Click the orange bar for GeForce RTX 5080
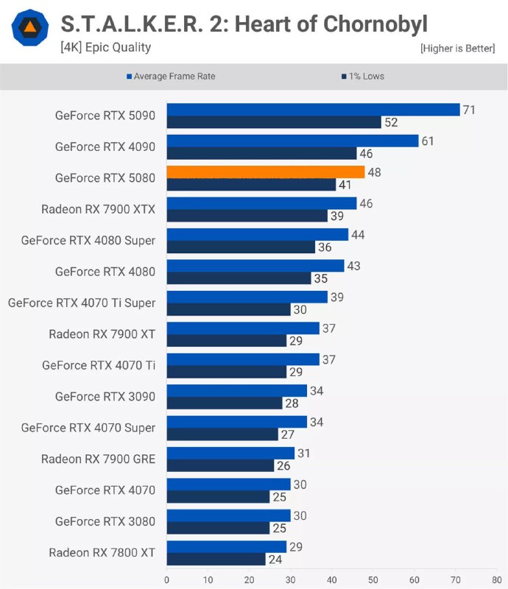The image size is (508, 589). (265, 172)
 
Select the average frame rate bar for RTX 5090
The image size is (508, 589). (313, 110)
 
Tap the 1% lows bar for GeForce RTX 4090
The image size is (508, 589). (261, 153)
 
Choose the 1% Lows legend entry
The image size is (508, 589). (362, 76)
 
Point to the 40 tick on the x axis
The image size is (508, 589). (332, 579)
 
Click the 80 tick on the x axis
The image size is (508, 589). (497, 579)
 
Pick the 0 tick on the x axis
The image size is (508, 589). (167, 579)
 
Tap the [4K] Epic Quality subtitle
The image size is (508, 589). (105, 48)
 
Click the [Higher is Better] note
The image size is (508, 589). (457, 49)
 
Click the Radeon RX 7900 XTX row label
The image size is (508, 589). (98, 209)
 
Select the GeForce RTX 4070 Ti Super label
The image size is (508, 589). (82, 303)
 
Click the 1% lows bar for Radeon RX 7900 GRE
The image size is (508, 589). (220, 465)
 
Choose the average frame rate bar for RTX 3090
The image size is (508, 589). (236, 390)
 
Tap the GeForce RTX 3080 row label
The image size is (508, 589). (105, 521)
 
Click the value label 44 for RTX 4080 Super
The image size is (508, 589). (359, 234)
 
